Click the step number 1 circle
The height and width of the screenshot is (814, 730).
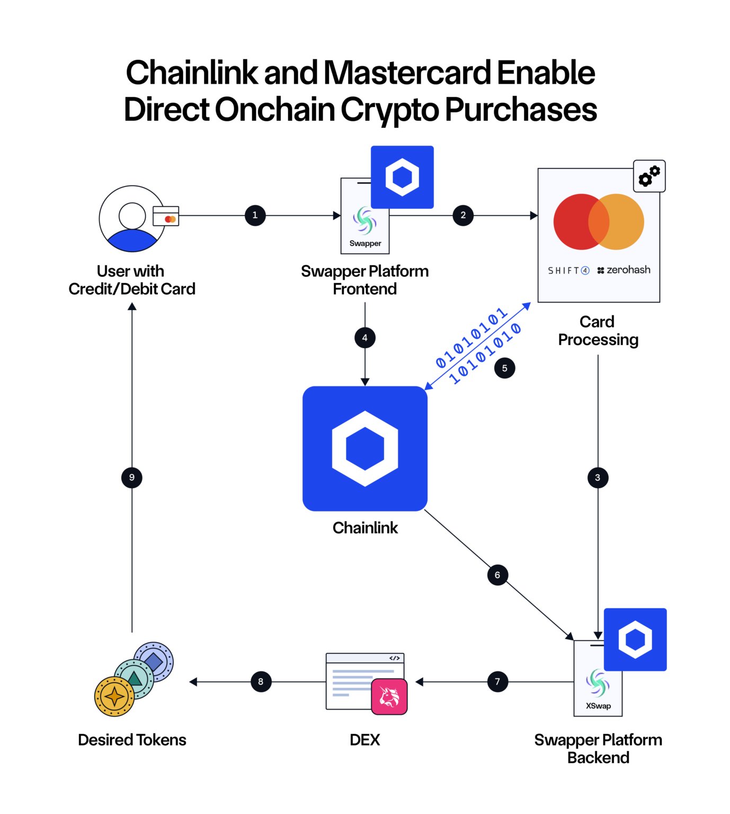pos(255,215)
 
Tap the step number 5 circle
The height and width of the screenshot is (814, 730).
pos(504,368)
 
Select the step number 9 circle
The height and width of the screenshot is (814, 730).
pos(132,477)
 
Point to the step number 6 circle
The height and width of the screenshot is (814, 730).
pos(497,575)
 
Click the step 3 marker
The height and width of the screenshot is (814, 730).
pos(598,477)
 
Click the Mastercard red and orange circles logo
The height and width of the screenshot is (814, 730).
pos(599,222)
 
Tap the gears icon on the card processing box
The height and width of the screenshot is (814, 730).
pos(649,176)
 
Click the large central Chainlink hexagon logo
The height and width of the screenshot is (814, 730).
pos(365,448)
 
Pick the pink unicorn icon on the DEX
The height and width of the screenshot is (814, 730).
pos(389,696)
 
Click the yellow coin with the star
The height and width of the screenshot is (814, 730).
pos(114,696)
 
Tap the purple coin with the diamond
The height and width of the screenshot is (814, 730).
pos(154,661)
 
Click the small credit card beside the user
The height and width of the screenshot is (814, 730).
pos(166,216)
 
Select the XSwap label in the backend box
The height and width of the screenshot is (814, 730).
pos(598,706)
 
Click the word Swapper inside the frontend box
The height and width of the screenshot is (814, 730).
pos(365,243)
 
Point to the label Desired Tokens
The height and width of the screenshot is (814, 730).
pos(132,740)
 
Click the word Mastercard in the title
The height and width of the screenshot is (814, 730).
pos(407,73)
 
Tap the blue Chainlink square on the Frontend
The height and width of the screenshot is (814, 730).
pos(402,177)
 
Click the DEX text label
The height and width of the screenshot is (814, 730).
pos(364,740)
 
